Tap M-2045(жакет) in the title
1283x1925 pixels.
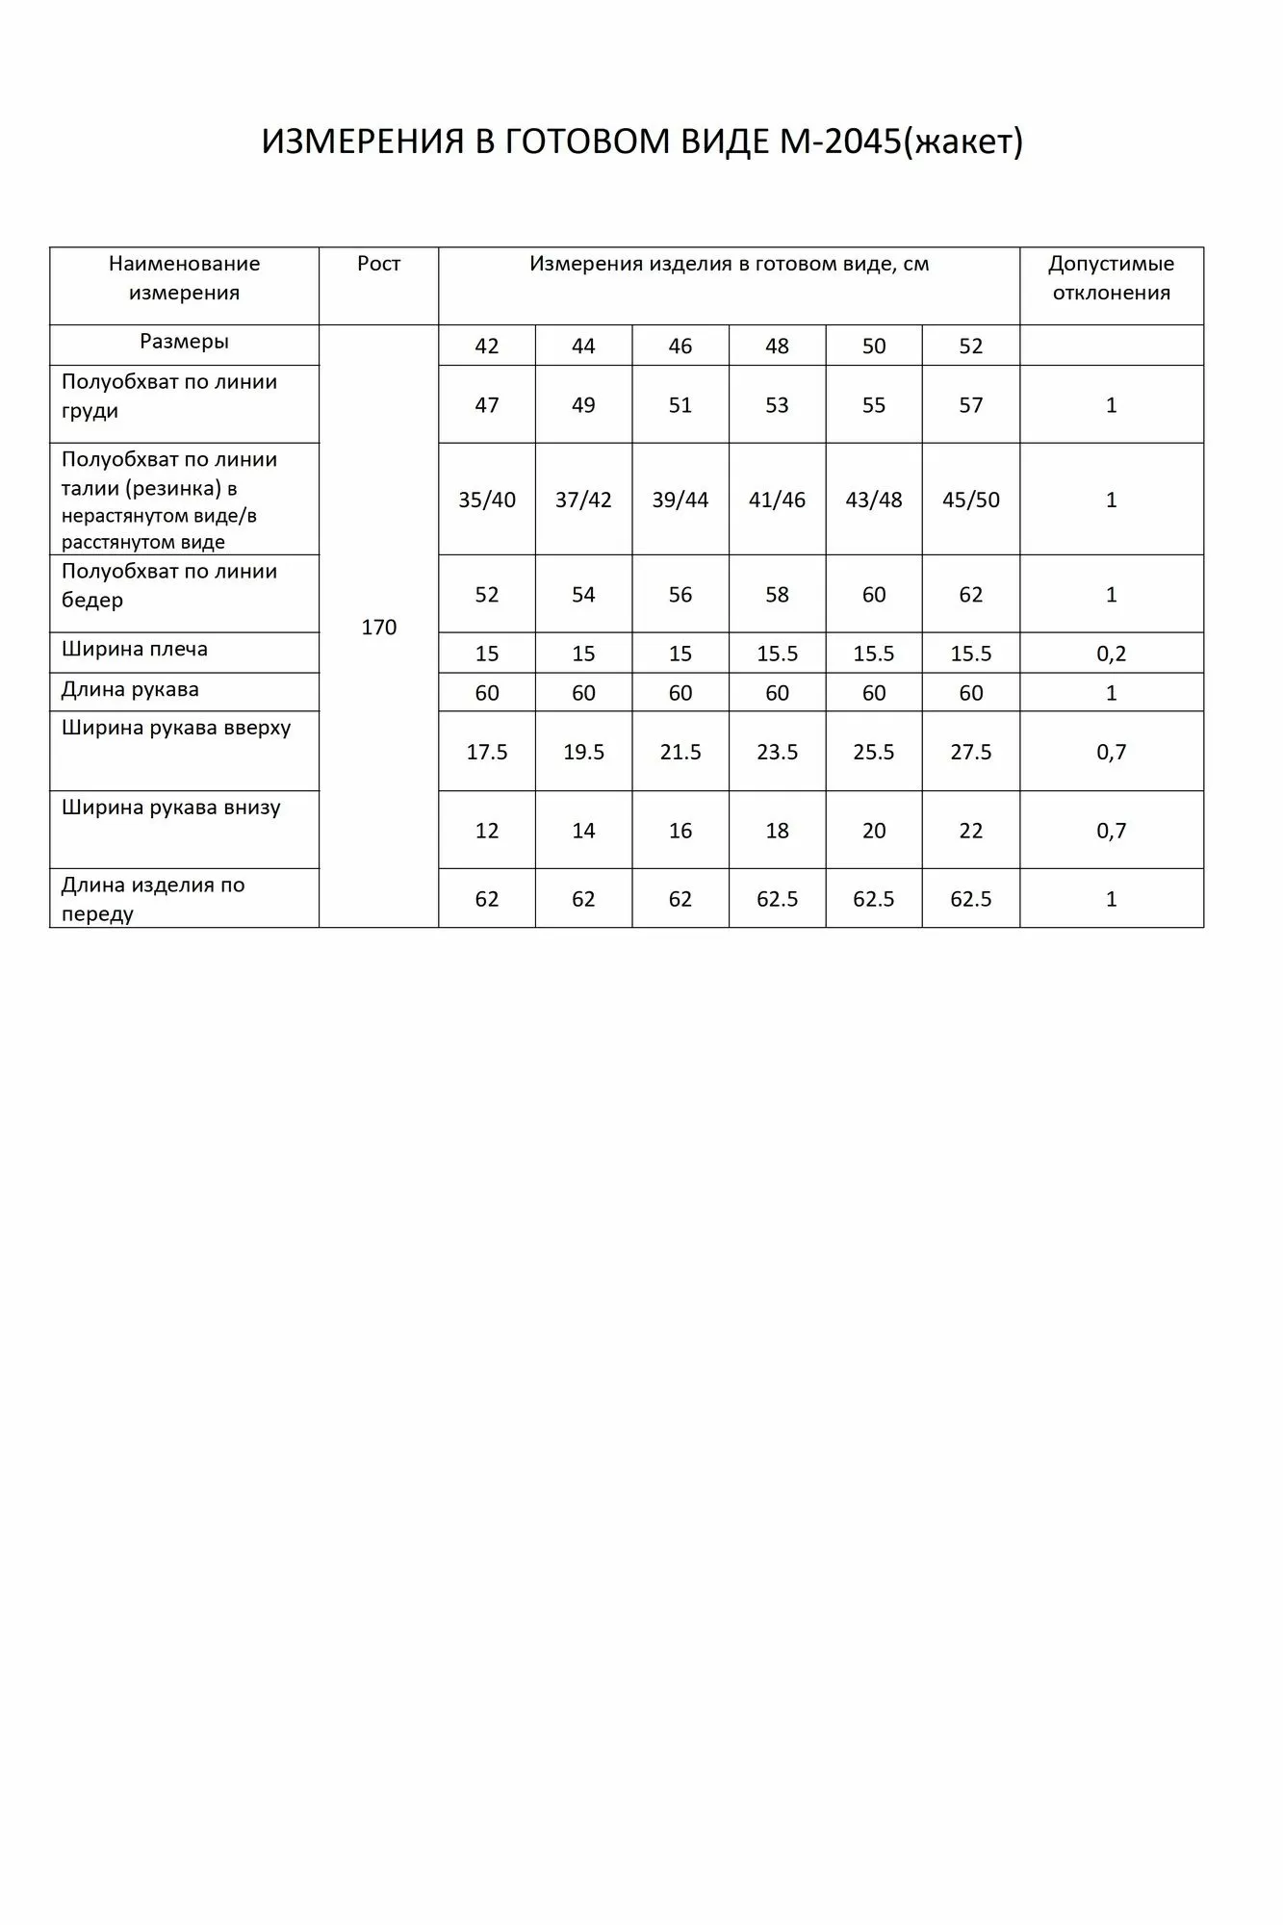[896, 142]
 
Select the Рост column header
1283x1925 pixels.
[378, 264]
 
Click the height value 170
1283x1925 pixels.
[378, 628]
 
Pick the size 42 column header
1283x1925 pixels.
[487, 346]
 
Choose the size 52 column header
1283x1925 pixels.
[970, 346]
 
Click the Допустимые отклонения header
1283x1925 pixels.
[1111, 278]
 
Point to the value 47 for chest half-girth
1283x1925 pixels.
[487, 405]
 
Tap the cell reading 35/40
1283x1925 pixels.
[487, 500]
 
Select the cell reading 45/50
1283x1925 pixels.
[970, 500]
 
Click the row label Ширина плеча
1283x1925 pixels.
[135, 650]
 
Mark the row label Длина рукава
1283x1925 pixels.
[130, 690]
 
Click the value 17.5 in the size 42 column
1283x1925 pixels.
[487, 752]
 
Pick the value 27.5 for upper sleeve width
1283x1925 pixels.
[970, 752]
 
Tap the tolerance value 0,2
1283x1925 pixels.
[1111, 654]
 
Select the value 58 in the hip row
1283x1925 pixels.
[777, 595]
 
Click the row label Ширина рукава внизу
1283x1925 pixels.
[171, 808]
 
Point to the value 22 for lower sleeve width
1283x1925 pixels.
[970, 831]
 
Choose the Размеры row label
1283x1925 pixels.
[184, 342]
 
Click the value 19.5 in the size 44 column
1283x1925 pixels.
[583, 752]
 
